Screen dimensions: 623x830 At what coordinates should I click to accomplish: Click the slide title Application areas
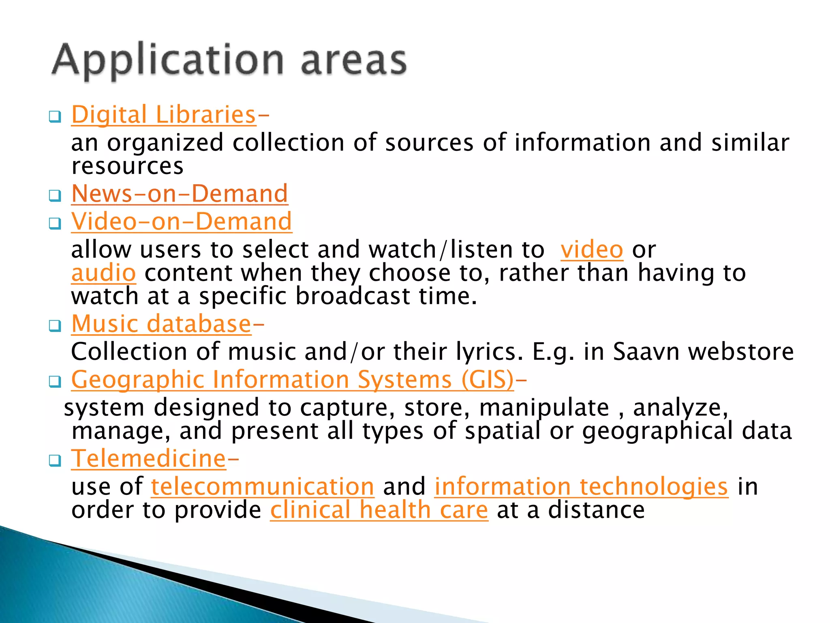pyautogui.click(x=229, y=61)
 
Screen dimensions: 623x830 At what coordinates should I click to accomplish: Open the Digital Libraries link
pyautogui.click(x=164, y=115)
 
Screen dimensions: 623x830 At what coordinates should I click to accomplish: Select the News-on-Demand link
pyautogui.click(x=180, y=193)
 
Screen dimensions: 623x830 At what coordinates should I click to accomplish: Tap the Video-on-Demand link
pyautogui.click(x=181, y=221)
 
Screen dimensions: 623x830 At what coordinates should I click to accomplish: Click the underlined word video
pyautogui.click(x=592, y=249)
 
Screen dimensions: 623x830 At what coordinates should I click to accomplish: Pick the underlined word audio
pyautogui.click(x=103, y=273)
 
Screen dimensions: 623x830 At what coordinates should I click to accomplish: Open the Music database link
pyautogui.click(x=161, y=324)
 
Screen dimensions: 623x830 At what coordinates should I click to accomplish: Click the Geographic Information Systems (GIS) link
pyautogui.click(x=292, y=380)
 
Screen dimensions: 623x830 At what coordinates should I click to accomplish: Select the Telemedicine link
pyautogui.click(x=148, y=459)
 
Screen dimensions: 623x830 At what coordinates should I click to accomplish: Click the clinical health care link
pyautogui.click(x=379, y=510)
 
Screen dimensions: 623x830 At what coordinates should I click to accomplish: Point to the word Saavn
pyautogui.click(x=646, y=352)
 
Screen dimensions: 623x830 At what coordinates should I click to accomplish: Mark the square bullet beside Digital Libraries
pyautogui.click(x=55, y=117)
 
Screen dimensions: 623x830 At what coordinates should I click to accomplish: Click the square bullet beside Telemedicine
pyautogui.click(x=55, y=461)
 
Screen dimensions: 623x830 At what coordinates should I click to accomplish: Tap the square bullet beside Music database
pyautogui.click(x=55, y=326)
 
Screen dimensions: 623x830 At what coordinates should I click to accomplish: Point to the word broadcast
pyautogui.click(x=353, y=296)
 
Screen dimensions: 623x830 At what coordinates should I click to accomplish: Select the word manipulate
pyautogui.click(x=544, y=408)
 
